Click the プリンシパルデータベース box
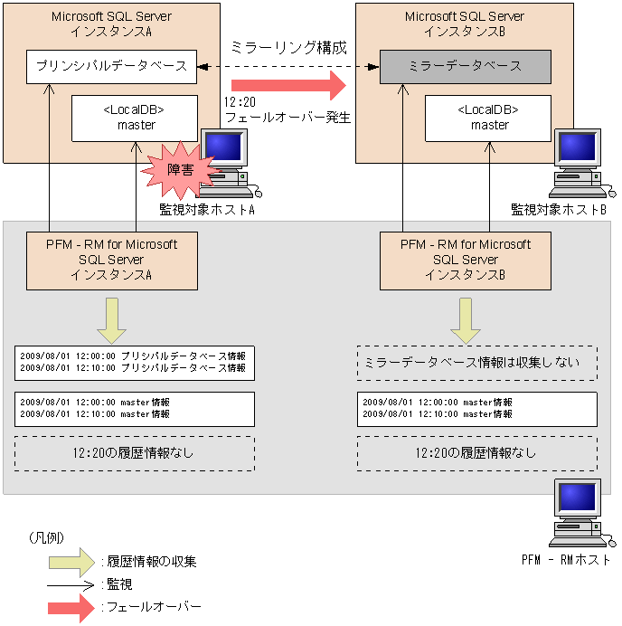pos(111,66)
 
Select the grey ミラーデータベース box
pos(465,66)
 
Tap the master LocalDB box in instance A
pos(136,118)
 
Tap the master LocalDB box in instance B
pos(489,118)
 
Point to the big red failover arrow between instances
pos(289,87)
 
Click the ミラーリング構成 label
pos(289,47)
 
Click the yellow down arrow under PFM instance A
pos(110,318)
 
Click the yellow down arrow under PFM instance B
pos(465,318)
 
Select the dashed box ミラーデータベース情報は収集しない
pos(476,363)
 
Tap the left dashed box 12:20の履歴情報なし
pos(135,452)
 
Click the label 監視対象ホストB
pos(558,209)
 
